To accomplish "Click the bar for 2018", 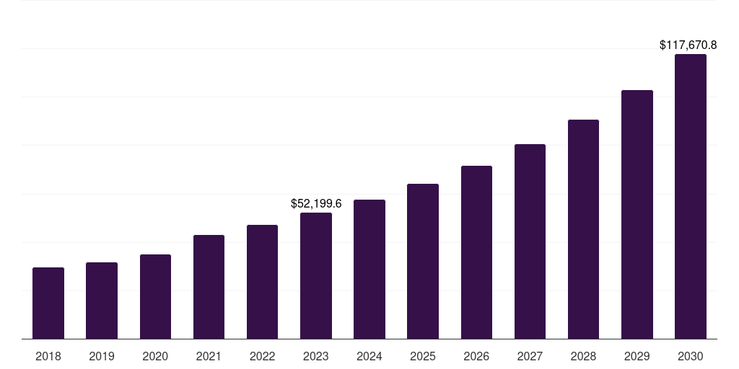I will pos(48,303).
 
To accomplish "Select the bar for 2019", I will pos(102,301).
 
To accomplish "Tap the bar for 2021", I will pos(209,287).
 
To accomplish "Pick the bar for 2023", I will pos(316,275).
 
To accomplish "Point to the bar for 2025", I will pos(423,261).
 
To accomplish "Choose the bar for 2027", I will pos(530,241).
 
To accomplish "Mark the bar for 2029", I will pos(637,214).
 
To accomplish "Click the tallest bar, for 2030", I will pos(691,196).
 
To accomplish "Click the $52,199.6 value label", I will pos(316,204).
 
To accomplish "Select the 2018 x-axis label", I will pos(48,356).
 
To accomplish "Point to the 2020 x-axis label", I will pos(155,356).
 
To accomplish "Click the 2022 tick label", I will pos(262,356).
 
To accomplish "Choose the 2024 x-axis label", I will pos(369,356).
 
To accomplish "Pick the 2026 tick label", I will pos(476,356).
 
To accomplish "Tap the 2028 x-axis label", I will pos(583,356).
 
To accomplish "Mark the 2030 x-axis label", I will pos(691,356).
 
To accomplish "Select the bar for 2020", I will pos(155,296).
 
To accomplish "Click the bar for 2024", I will pos(369,269).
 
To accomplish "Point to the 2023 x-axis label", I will pos(316,356).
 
